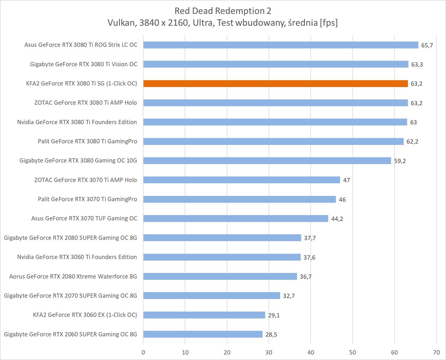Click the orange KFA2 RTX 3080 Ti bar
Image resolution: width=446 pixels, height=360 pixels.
click(x=276, y=84)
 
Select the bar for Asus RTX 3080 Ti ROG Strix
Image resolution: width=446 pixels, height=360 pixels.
click(x=281, y=45)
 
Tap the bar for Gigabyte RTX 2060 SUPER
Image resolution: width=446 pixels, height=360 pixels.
click(x=203, y=334)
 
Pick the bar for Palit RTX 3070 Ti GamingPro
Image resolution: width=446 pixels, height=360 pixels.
click(x=240, y=199)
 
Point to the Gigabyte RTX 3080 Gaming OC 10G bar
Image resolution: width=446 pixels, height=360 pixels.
click(x=267, y=161)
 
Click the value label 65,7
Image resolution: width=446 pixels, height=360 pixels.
click(x=427, y=45)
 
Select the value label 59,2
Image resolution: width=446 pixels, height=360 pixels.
click(x=400, y=161)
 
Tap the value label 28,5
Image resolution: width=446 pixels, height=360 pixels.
click(x=271, y=334)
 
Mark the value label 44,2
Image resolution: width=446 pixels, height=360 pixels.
click(x=337, y=219)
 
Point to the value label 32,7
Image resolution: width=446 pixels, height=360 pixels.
click(x=289, y=296)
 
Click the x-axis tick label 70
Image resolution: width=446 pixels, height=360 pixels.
click(x=436, y=352)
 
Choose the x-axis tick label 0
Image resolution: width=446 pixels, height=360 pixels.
click(x=143, y=352)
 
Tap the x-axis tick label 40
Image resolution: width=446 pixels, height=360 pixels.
click(x=311, y=352)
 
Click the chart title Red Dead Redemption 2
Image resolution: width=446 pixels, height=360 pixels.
click(x=223, y=11)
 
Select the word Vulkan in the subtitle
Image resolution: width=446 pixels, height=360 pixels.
click(x=121, y=23)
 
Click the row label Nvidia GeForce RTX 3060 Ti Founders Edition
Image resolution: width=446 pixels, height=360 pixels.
click(x=77, y=257)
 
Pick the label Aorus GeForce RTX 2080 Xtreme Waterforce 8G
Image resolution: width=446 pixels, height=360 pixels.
click(x=73, y=276)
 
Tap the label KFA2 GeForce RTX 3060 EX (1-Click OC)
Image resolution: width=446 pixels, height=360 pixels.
click(x=85, y=315)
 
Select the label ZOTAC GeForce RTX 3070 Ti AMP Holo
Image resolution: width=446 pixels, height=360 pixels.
click(x=86, y=180)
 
